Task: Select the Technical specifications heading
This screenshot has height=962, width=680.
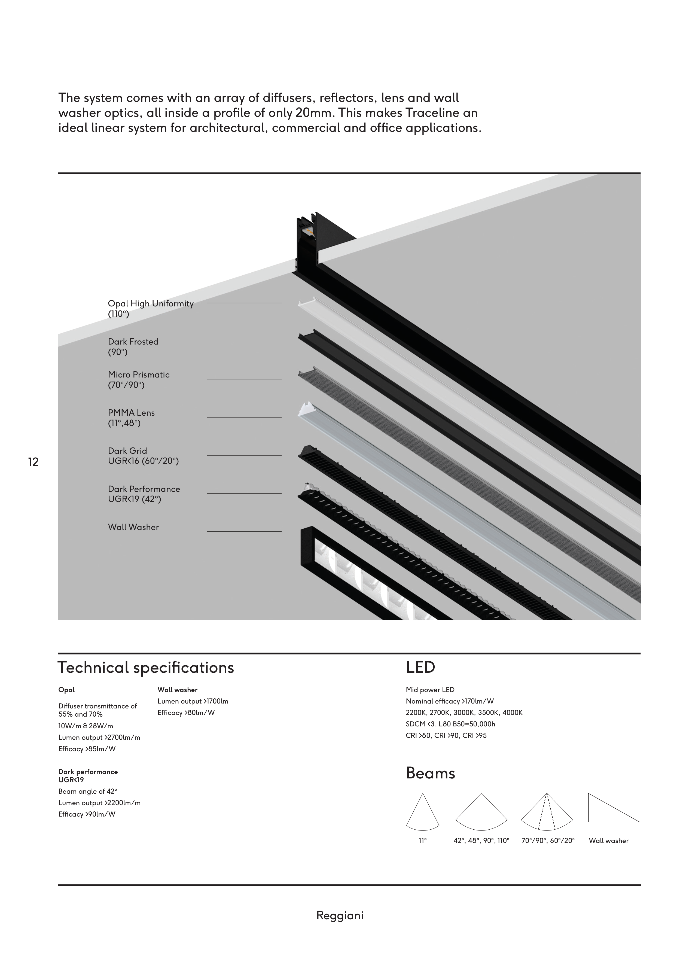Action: [146, 668]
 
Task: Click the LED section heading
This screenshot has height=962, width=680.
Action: [420, 668]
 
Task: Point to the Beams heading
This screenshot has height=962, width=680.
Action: [430, 773]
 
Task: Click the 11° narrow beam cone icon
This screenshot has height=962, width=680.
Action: [422, 812]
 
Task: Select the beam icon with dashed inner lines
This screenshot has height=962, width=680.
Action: [547, 812]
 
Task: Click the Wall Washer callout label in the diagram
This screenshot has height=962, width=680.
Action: [133, 527]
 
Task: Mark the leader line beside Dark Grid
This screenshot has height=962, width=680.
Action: [244, 455]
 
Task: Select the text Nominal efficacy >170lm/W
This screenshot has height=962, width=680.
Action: [450, 701]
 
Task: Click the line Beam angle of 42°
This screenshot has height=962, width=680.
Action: [88, 791]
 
